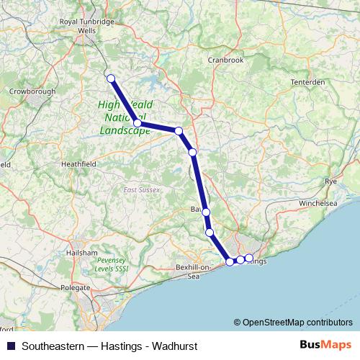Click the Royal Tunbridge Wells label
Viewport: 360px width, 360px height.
(x=86, y=27)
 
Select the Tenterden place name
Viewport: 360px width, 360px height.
(x=307, y=82)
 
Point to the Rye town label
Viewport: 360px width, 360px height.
(x=331, y=181)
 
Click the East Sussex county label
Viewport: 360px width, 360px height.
(x=141, y=190)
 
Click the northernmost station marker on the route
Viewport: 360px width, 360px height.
(x=110, y=78)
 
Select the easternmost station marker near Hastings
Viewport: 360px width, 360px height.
(x=249, y=258)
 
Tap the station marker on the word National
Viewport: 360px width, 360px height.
(x=137, y=123)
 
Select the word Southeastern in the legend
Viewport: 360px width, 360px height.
(x=52, y=345)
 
